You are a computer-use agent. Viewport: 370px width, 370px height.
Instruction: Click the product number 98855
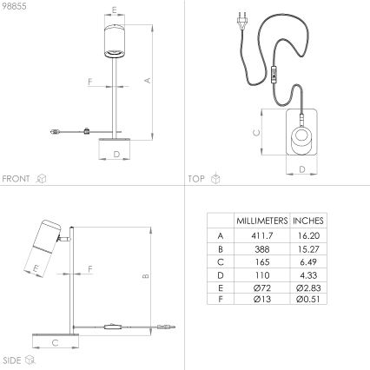coord(15,8)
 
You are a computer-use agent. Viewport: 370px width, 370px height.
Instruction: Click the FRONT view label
coord(17,178)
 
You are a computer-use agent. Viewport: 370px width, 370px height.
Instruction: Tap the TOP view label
coord(197,178)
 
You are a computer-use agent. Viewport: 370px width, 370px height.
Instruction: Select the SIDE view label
coord(12,359)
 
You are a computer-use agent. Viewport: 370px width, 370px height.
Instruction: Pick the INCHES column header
coord(307,221)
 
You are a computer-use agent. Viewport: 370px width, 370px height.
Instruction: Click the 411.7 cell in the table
coord(261,235)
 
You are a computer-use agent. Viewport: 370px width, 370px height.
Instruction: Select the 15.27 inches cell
coord(307,248)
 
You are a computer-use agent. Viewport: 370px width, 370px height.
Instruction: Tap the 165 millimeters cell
coord(261,261)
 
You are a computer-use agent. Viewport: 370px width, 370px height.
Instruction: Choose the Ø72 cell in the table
coord(261,286)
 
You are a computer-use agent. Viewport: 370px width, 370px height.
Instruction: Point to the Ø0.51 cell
coord(307,299)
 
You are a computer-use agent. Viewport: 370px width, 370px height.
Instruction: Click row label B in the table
coord(220,248)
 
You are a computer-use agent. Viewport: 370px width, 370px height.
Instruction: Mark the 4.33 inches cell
coord(307,274)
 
